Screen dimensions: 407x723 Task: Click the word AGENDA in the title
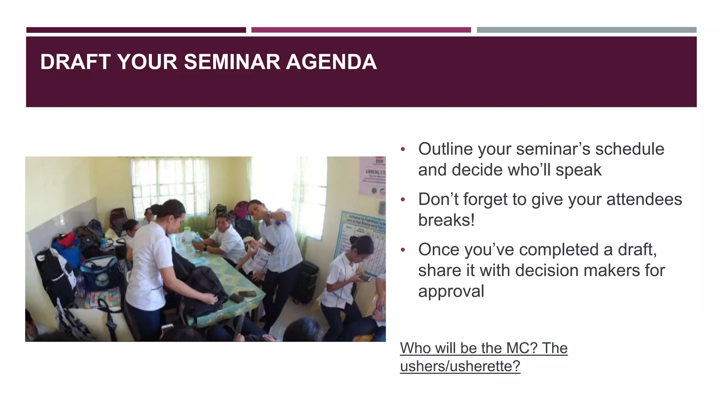click(331, 62)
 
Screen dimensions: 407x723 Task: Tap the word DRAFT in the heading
click(75, 62)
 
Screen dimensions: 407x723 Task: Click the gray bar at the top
click(586, 30)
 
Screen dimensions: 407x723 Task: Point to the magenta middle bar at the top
click(361, 30)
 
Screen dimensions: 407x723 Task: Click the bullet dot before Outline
click(403, 149)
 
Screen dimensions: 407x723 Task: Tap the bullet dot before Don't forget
click(403, 200)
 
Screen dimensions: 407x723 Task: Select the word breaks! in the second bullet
click(446, 220)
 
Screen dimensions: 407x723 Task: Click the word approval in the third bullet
click(451, 291)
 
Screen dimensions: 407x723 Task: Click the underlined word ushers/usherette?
click(460, 366)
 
